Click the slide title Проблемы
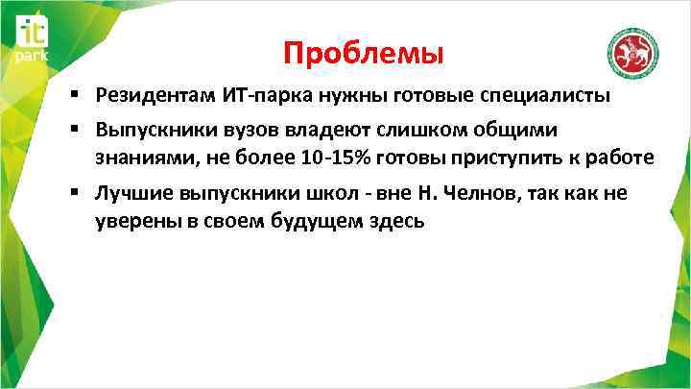click(364, 54)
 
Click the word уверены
click(132, 221)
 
